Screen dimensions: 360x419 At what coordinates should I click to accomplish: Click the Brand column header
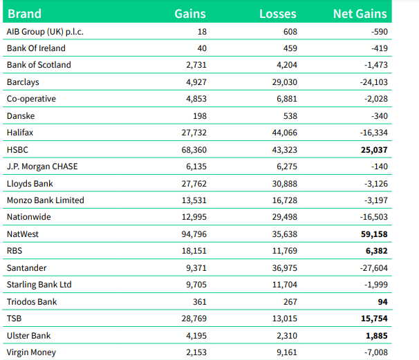(24, 13)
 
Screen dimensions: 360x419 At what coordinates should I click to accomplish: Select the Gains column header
(189, 13)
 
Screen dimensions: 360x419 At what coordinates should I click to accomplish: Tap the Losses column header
(277, 13)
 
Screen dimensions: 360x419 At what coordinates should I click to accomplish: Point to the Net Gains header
(360, 13)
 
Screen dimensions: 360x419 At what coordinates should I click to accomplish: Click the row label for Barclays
(22, 82)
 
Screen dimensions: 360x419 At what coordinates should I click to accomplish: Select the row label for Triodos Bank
(31, 302)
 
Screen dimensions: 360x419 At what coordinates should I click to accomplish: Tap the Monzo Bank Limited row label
(45, 200)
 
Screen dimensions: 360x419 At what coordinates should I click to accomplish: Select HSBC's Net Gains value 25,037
(371, 149)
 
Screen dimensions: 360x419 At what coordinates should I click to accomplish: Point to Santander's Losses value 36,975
(282, 268)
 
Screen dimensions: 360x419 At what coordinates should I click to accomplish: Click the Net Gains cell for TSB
(371, 319)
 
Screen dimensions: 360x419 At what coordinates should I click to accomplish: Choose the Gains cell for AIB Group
(201, 32)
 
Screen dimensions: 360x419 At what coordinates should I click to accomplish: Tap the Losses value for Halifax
(282, 133)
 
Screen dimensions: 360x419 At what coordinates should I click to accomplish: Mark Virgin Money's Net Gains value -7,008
(373, 352)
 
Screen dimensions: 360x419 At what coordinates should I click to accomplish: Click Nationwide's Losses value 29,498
(282, 217)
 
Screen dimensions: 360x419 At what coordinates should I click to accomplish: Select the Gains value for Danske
(198, 115)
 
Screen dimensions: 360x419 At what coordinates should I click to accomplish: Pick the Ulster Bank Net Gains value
(374, 336)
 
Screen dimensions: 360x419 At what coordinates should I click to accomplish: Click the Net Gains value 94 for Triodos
(382, 302)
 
